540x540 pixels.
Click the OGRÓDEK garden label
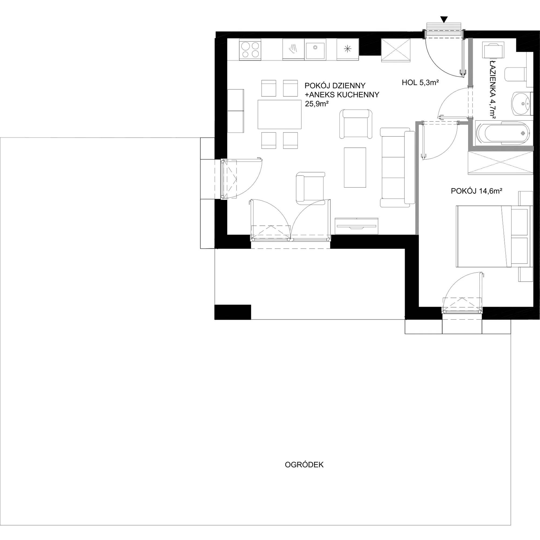point(304,441)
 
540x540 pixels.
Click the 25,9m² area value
point(316,104)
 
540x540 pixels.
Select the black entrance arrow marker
point(444,19)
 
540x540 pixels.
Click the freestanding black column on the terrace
point(232,312)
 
